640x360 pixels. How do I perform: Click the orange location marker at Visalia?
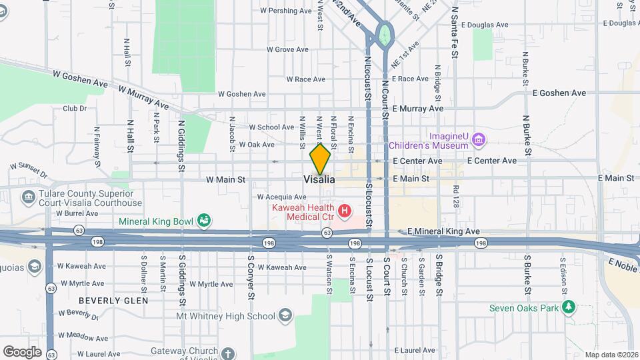tap(320, 159)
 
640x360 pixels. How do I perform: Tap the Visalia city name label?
tap(319, 180)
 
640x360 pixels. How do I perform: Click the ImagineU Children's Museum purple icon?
tap(477, 139)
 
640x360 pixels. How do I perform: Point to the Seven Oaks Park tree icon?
tap(568, 307)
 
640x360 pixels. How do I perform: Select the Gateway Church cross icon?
tap(228, 353)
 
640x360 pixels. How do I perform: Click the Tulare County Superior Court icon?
tap(28, 197)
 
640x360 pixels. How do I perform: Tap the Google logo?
tap(22, 352)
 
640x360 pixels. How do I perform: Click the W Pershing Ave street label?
tap(285, 11)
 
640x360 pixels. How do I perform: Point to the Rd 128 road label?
tap(456, 197)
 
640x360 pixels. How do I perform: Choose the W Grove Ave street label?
tap(287, 49)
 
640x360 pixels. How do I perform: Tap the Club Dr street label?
tap(75, 108)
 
